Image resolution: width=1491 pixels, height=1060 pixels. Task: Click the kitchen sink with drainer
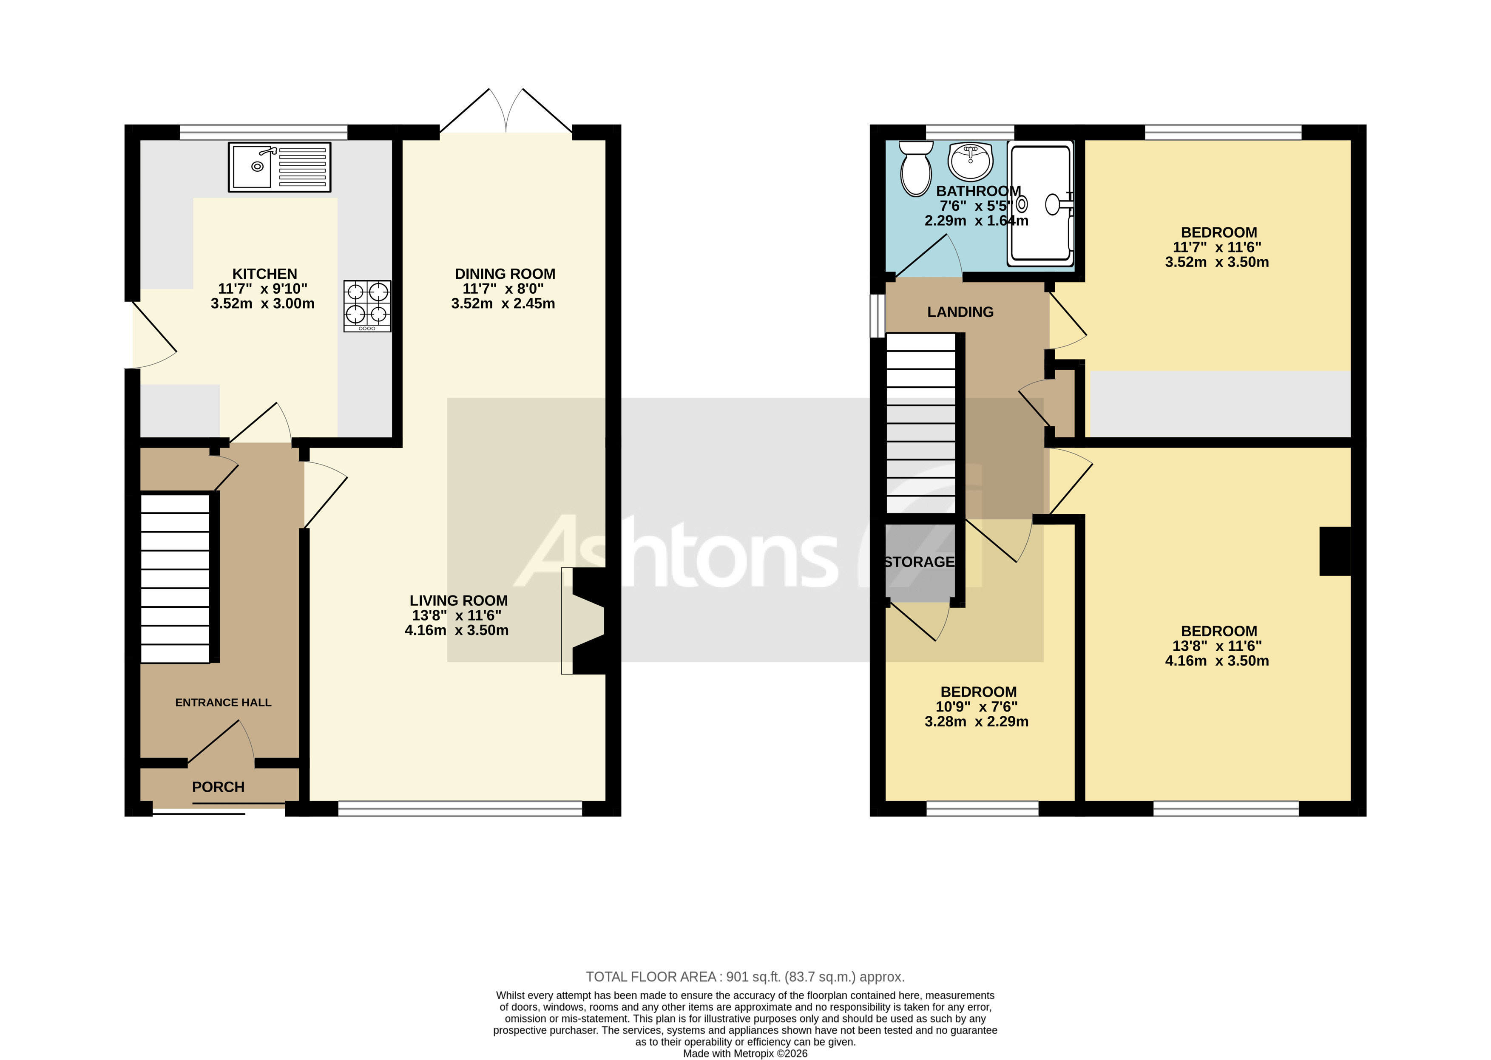(279, 167)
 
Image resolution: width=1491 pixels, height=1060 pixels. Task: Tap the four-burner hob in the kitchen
(367, 306)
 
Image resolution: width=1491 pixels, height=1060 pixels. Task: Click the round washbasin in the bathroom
(971, 161)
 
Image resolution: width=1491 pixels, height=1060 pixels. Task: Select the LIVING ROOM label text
(458, 601)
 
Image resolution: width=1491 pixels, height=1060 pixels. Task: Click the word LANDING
(960, 312)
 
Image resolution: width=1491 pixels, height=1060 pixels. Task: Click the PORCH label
(218, 787)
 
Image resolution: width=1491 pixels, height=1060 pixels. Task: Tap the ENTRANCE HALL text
(223, 702)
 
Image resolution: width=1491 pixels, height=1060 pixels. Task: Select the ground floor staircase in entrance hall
(175, 578)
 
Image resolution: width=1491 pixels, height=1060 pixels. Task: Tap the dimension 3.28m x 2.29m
(976, 721)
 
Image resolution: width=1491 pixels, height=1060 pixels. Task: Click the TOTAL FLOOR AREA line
(745, 977)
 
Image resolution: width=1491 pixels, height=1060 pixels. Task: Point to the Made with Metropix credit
(745, 1053)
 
